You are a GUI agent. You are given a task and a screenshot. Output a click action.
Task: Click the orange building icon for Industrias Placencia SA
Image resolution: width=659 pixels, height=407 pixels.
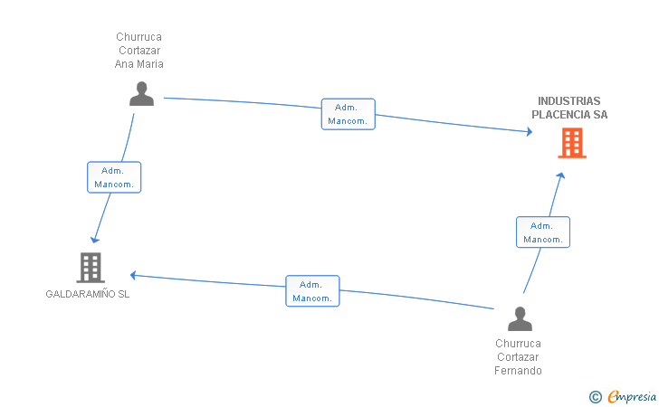[572, 143]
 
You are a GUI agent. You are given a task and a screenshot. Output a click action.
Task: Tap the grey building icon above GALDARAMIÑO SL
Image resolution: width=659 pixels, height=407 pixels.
[91, 268]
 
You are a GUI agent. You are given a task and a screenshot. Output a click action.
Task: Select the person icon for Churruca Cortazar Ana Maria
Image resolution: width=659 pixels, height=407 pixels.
[141, 94]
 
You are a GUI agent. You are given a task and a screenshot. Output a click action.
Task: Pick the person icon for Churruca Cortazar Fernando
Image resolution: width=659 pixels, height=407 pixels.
[520, 318]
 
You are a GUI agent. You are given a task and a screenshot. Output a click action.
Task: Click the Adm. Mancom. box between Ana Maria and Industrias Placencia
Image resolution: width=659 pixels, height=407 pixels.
[348, 114]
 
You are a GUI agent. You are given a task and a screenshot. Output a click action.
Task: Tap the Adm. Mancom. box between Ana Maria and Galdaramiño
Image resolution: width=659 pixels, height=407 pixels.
[114, 177]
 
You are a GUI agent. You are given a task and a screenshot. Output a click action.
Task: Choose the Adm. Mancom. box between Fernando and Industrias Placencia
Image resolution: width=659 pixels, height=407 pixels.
[543, 232]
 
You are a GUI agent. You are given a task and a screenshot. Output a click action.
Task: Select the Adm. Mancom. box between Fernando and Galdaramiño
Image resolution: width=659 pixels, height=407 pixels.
[312, 291]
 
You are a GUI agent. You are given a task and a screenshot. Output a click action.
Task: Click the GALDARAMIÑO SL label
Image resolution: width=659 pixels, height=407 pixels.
[88, 294]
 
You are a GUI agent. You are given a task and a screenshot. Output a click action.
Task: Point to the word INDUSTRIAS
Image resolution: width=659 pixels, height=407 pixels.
[569, 100]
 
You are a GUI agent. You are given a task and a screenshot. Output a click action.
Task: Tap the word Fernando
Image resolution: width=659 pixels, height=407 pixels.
[518, 371]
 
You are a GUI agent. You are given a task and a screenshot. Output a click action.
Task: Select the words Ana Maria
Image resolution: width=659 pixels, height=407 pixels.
[139, 64]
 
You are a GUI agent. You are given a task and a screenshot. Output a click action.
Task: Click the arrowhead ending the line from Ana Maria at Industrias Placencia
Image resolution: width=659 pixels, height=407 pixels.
[530, 131]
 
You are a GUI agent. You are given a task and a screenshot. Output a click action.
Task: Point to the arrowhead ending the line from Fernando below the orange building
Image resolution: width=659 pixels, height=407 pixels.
[560, 175]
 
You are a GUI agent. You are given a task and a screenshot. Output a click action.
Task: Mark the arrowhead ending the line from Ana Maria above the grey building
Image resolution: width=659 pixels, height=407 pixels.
[95, 241]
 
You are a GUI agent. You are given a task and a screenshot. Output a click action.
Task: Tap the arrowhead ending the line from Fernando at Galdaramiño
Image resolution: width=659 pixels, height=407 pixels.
[133, 276]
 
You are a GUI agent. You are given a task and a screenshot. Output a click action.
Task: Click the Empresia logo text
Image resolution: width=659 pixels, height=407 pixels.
[632, 396]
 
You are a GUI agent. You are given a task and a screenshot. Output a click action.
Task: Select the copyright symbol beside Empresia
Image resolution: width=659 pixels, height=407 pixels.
[596, 397]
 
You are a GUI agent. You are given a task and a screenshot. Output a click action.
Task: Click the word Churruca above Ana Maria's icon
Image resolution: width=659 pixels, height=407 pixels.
[139, 37]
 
